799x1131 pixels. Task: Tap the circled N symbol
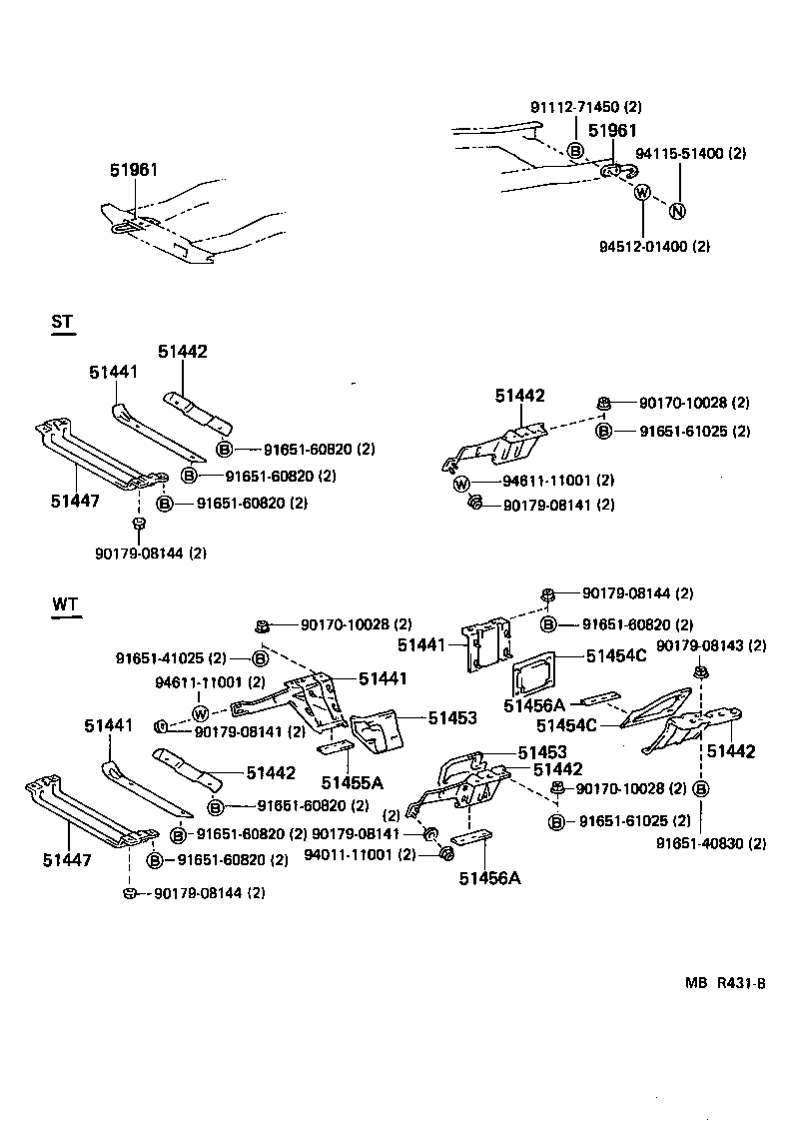coord(677,211)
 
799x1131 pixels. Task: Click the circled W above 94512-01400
coord(642,193)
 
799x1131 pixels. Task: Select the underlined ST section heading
coord(62,322)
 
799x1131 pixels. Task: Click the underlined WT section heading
coord(65,605)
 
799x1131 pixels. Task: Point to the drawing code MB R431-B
coord(724,983)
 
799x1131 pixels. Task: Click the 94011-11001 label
coord(346,855)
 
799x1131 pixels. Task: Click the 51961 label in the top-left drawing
coord(134,171)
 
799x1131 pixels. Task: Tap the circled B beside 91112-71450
coord(575,151)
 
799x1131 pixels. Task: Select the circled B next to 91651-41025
coord(260,658)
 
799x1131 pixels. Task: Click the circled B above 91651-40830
coord(701,789)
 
